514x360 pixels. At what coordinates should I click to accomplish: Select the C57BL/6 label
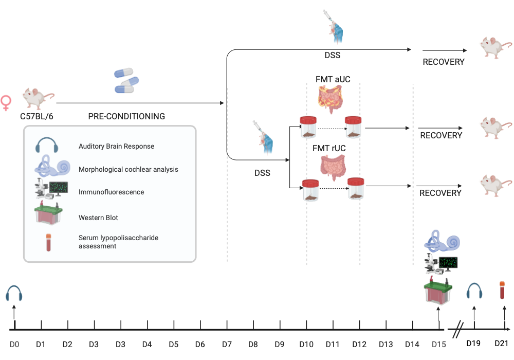(36, 116)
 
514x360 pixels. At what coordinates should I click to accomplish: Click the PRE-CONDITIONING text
(126, 117)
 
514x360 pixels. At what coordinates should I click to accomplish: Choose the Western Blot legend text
(98, 218)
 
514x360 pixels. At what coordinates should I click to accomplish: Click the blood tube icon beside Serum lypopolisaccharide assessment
(49, 242)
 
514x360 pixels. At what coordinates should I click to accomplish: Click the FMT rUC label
(329, 148)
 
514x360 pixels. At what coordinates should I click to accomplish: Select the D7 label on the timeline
(227, 344)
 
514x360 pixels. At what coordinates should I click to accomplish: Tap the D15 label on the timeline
(438, 344)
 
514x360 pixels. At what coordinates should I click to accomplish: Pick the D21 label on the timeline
(501, 343)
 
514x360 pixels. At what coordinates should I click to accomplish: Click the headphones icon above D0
(14, 293)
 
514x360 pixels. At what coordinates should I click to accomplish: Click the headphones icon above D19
(474, 292)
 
